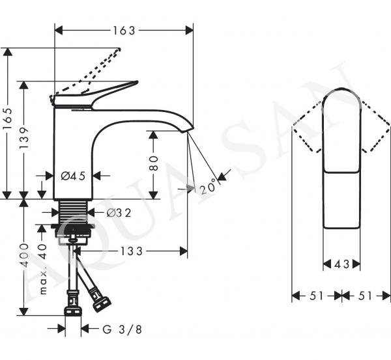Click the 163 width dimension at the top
(x=124, y=31)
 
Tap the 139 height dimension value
(x=23, y=138)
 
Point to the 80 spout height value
(x=153, y=163)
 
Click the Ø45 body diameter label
(x=73, y=176)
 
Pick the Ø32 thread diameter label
(x=119, y=213)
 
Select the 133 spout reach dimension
(x=132, y=251)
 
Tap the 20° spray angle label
(x=207, y=186)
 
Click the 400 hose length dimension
(x=23, y=255)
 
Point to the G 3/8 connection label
(x=123, y=329)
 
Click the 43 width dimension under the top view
(x=341, y=264)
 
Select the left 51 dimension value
(x=317, y=296)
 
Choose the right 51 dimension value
(x=366, y=296)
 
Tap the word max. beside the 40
(x=43, y=283)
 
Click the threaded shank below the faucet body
(x=73, y=212)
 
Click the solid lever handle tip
(x=136, y=81)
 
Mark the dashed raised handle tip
(x=119, y=49)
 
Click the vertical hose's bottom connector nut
(x=73, y=311)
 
